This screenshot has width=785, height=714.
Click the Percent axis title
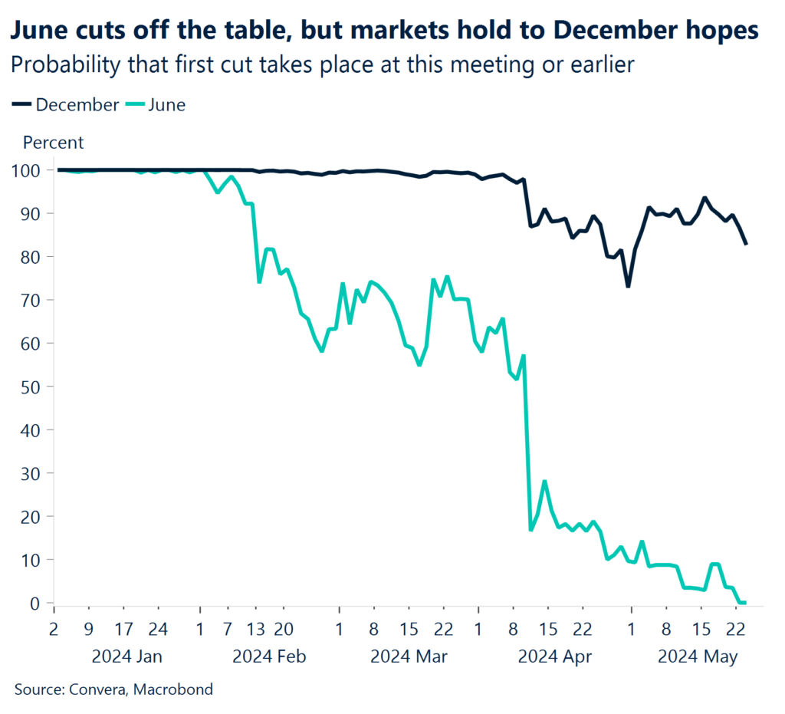pyautogui.click(x=54, y=143)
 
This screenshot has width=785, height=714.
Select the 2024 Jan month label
pyautogui.click(x=126, y=657)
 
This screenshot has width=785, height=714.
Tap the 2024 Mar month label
pyautogui.click(x=409, y=657)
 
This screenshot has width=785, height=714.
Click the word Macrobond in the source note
pyautogui.click(x=173, y=689)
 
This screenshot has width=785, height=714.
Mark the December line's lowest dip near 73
pyautogui.click(x=628, y=286)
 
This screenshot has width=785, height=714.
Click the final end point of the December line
pyautogui.click(x=747, y=244)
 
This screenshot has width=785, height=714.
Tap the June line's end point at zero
pyautogui.click(x=744, y=603)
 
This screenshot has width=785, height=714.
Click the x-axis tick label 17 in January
pyautogui.click(x=124, y=630)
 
